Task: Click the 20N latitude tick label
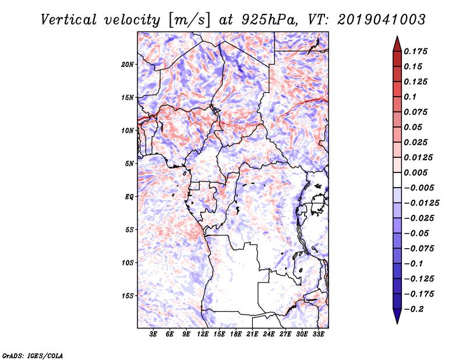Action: [x=127, y=64]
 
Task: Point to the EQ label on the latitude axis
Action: [x=129, y=196]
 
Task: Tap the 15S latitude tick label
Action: [x=127, y=295]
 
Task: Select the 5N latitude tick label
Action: [x=129, y=164]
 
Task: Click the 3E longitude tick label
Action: [x=153, y=335]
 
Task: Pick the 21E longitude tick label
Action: [x=252, y=335]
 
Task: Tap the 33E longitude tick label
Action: [x=318, y=335]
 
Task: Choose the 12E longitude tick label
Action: [x=203, y=335]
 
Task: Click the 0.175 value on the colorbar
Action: [x=418, y=51]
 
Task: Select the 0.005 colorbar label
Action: [x=418, y=172]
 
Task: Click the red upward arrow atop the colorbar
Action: [x=397, y=43]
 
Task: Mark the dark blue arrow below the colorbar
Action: [x=397, y=316]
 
